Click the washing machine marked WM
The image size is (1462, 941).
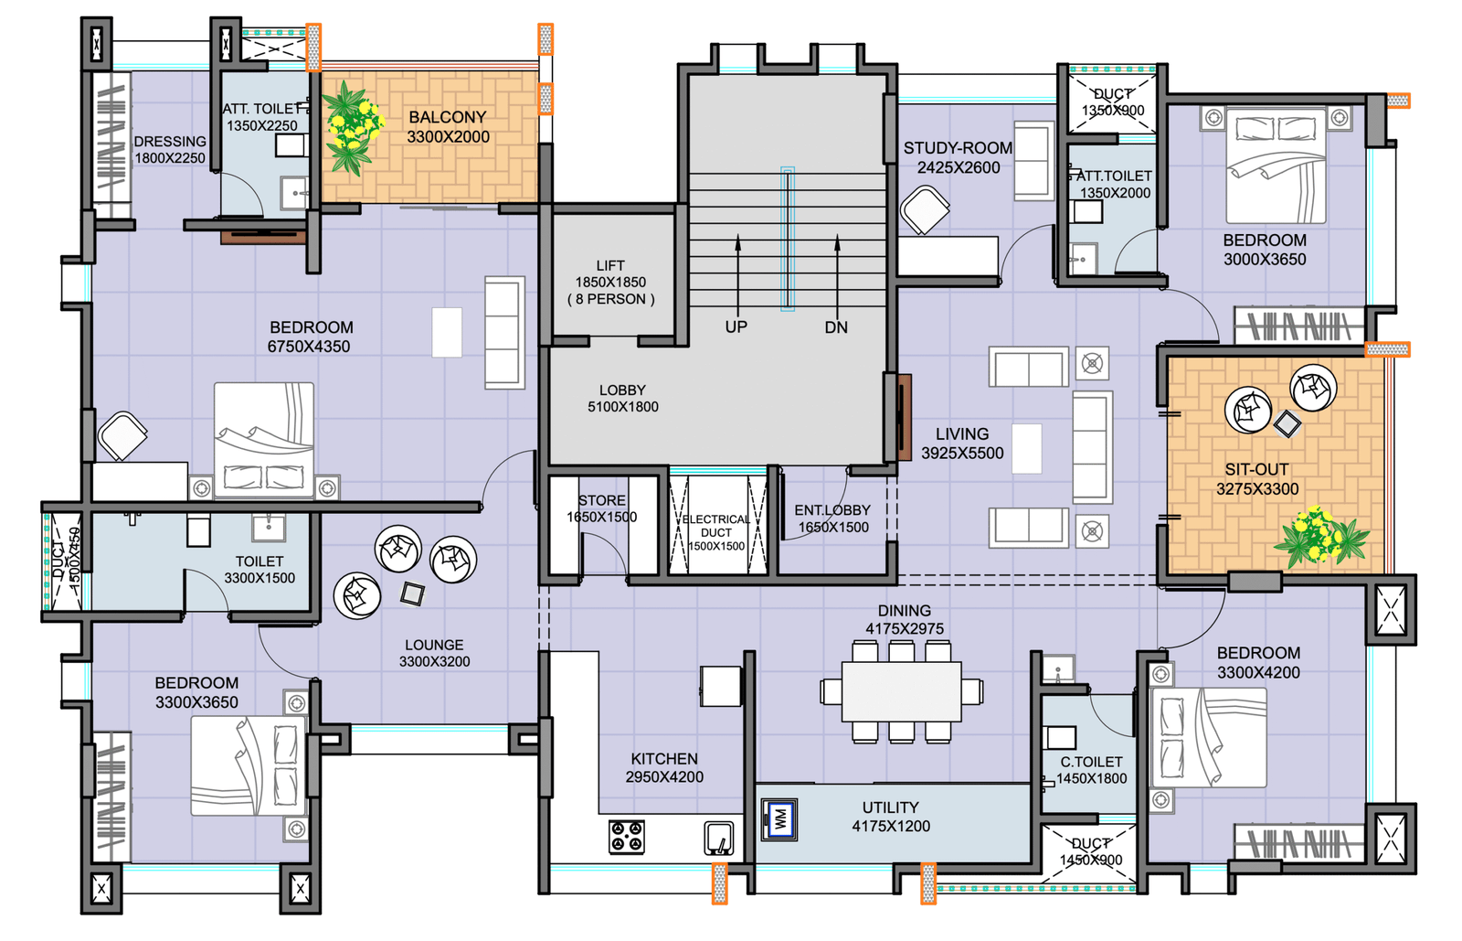779,819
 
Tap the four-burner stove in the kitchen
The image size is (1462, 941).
627,837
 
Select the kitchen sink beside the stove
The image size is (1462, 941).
718,839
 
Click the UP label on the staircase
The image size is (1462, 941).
736,327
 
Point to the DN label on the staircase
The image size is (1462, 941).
836,327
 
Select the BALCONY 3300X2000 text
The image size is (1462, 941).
448,127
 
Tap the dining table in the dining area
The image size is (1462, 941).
901,692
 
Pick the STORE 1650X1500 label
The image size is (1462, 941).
602,508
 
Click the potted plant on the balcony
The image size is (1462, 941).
353,128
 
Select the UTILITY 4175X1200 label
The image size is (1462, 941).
891,817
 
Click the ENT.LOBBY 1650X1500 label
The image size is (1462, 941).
832,519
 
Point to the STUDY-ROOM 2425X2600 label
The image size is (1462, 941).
959,158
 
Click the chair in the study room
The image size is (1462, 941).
924,210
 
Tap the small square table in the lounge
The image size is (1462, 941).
412,593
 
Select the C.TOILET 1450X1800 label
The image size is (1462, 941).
1091,770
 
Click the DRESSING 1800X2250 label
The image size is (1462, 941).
170,150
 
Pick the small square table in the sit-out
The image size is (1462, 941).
1287,423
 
